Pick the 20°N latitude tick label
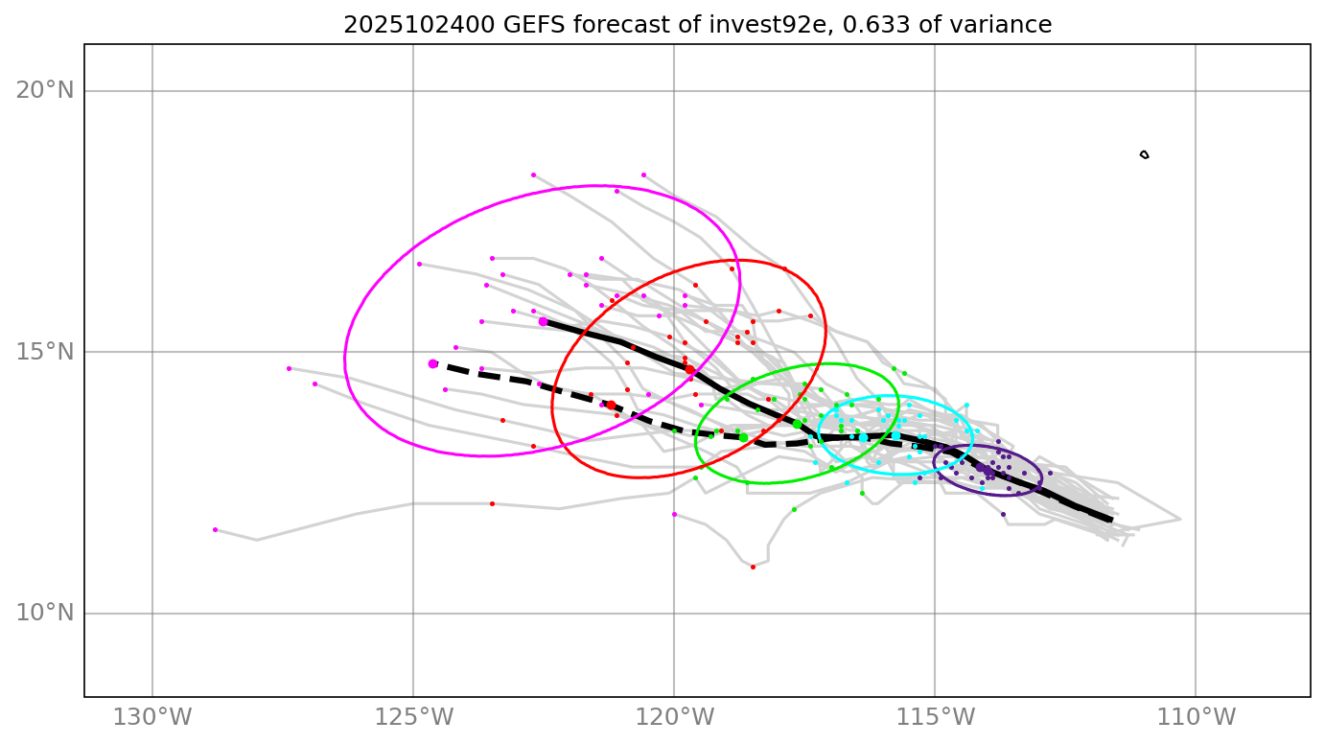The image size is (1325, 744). pyautogui.click(x=45, y=91)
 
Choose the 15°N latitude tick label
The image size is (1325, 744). pyautogui.click(x=45, y=352)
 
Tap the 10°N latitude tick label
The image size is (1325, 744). pyautogui.click(x=45, y=613)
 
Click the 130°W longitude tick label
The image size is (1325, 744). pyautogui.click(x=152, y=717)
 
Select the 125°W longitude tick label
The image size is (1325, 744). pyautogui.click(x=413, y=717)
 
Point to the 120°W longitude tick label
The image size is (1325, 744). pyautogui.click(x=674, y=717)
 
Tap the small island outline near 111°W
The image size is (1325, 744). pyautogui.click(x=1144, y=154)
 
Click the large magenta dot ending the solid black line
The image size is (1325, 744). pyautogui.click(x=543, y=321)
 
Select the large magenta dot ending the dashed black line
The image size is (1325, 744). pyautogui.click(x=433, y=363)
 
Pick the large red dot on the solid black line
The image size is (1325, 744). pyautogui.click(x=689, y=369)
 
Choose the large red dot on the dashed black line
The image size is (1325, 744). pyautogui.click(x=611, y=405)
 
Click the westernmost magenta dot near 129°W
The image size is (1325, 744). pyautogui.click(x=215, y=529)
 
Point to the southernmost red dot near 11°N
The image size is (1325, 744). pyautogui.click(x=753, y=567)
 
